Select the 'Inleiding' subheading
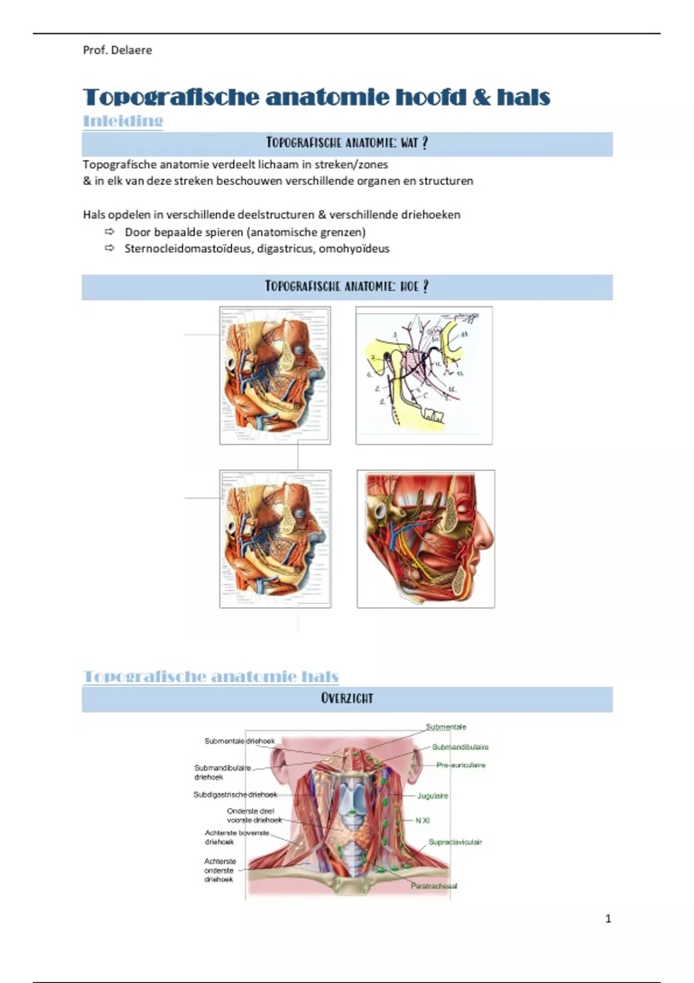click(x=123, y=121)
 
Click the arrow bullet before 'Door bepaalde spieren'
click(x=110, y=232)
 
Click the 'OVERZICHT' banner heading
click(x=347, y=699)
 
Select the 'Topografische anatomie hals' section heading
click(x=211, y=676)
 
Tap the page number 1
click(x=608, y=918)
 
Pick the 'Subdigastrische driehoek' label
click(x=235, y=794)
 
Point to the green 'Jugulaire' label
click(x=433, y=796)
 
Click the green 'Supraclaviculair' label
click(x=455, y=842)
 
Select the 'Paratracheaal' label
click(x=434, y=886)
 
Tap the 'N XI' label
click(x=423, y=821)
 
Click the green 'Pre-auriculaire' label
click(x=461, y=765)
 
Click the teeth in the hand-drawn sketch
click(x=433, y=413)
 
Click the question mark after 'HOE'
click(x=426, y=286)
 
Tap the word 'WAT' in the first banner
click(x=409, y=143)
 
